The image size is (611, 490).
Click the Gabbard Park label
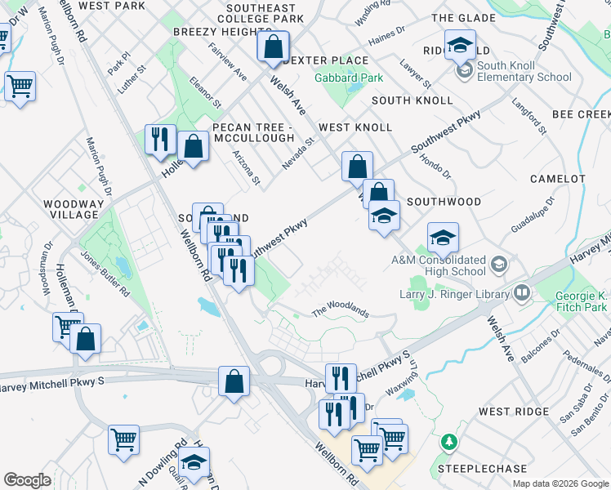tap(349, 78)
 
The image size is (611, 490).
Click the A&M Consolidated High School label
tap(439, 265)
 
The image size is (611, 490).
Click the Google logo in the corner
tap(27, 480)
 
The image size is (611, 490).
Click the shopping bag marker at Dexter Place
tap(273, 49)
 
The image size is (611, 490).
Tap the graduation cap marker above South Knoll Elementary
tap(460, 47)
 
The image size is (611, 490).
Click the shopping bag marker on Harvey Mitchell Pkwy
tap(234, 383)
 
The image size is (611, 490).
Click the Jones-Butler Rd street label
tap(104, 272)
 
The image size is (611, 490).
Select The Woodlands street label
tap(341, 311)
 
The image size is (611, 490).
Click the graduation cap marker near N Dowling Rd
tap(194, 463)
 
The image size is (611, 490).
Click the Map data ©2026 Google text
tap(560, 483)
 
